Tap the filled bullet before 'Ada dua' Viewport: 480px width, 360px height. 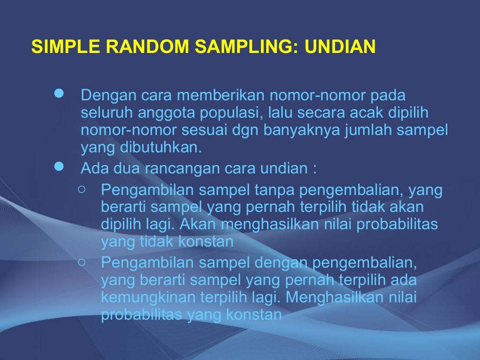(59, 166)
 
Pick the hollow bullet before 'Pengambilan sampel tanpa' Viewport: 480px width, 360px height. (82, 189)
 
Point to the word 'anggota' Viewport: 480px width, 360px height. (160, 114)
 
